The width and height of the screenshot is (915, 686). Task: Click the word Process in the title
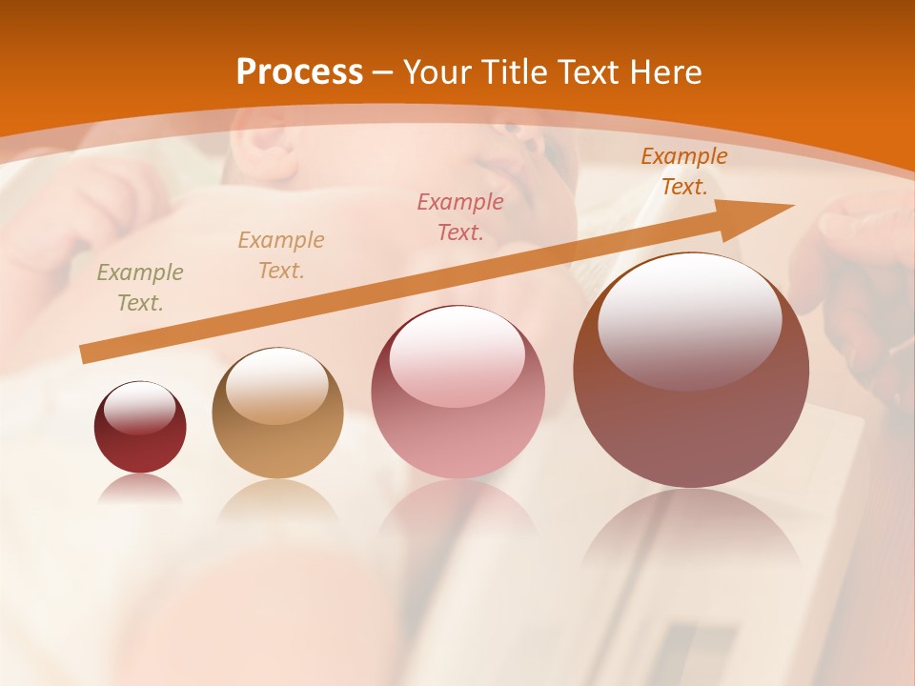pyautogui.click(x=299, y=72)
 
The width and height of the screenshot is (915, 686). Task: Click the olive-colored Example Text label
pyautogui.click(x=140, y=288)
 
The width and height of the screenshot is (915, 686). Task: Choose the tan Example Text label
pyautogui.click(x=281, y=255)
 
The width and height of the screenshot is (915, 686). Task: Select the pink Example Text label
pyautogui.click(x=460, y=216)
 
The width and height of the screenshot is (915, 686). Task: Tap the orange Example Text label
pyautogui.click(x=684, y=171)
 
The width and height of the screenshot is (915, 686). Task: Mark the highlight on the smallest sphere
pyautogui.click(x=140, y=408)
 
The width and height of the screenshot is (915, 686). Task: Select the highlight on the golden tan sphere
pyautogui.click(x=277, y=386)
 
